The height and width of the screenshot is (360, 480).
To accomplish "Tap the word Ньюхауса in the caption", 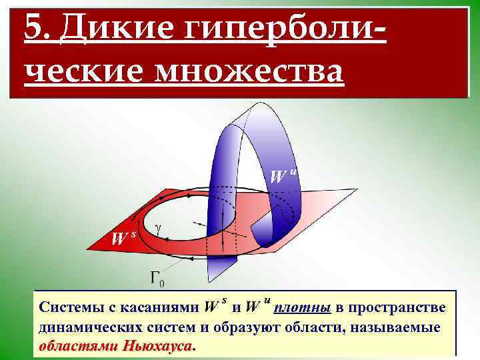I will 159,346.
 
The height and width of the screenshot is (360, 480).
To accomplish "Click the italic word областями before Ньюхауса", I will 79,346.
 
